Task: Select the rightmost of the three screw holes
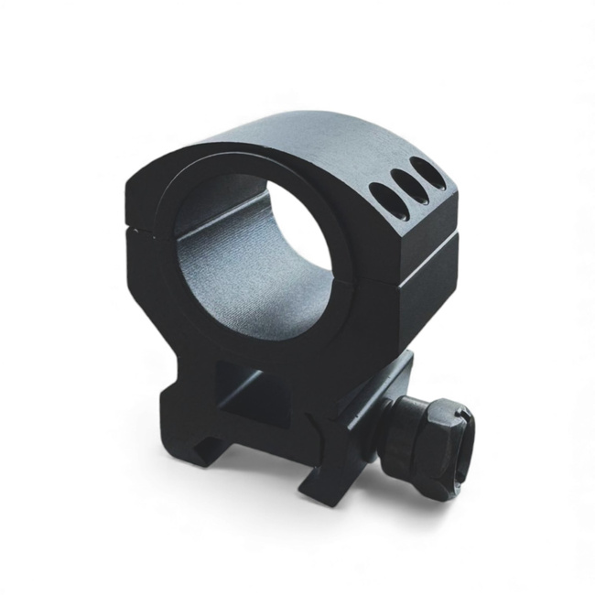[423, 171]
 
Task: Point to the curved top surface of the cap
[302, 137]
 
